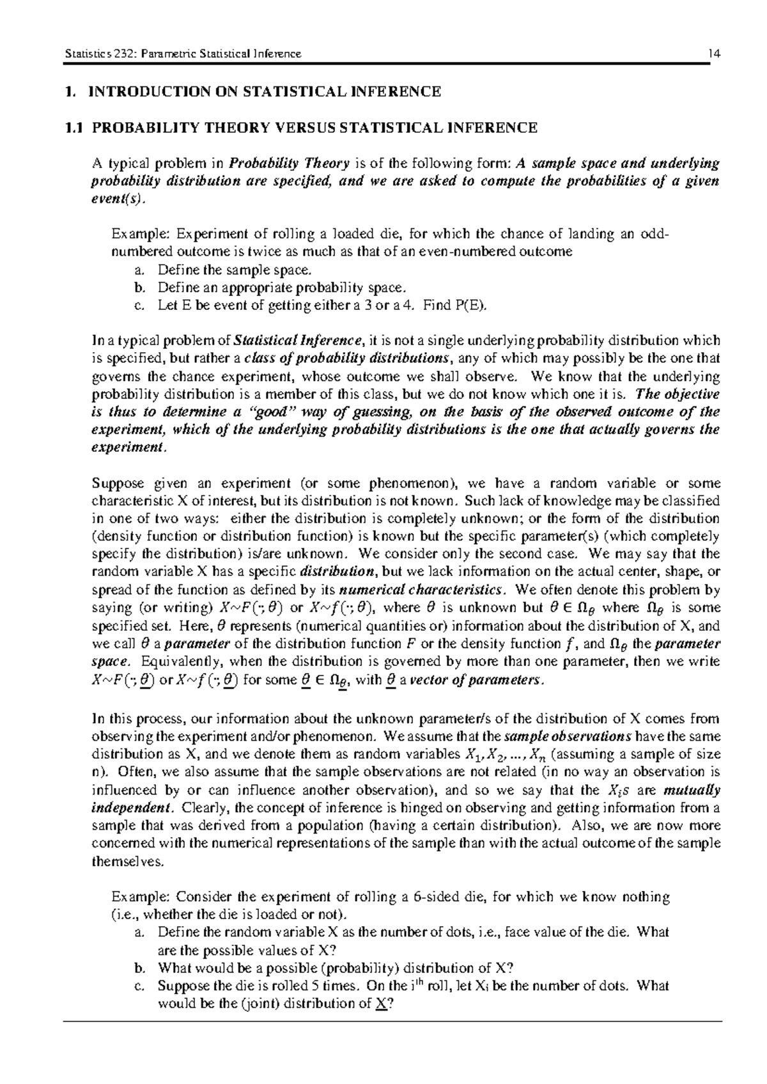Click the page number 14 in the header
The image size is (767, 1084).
(x=715, y=54)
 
